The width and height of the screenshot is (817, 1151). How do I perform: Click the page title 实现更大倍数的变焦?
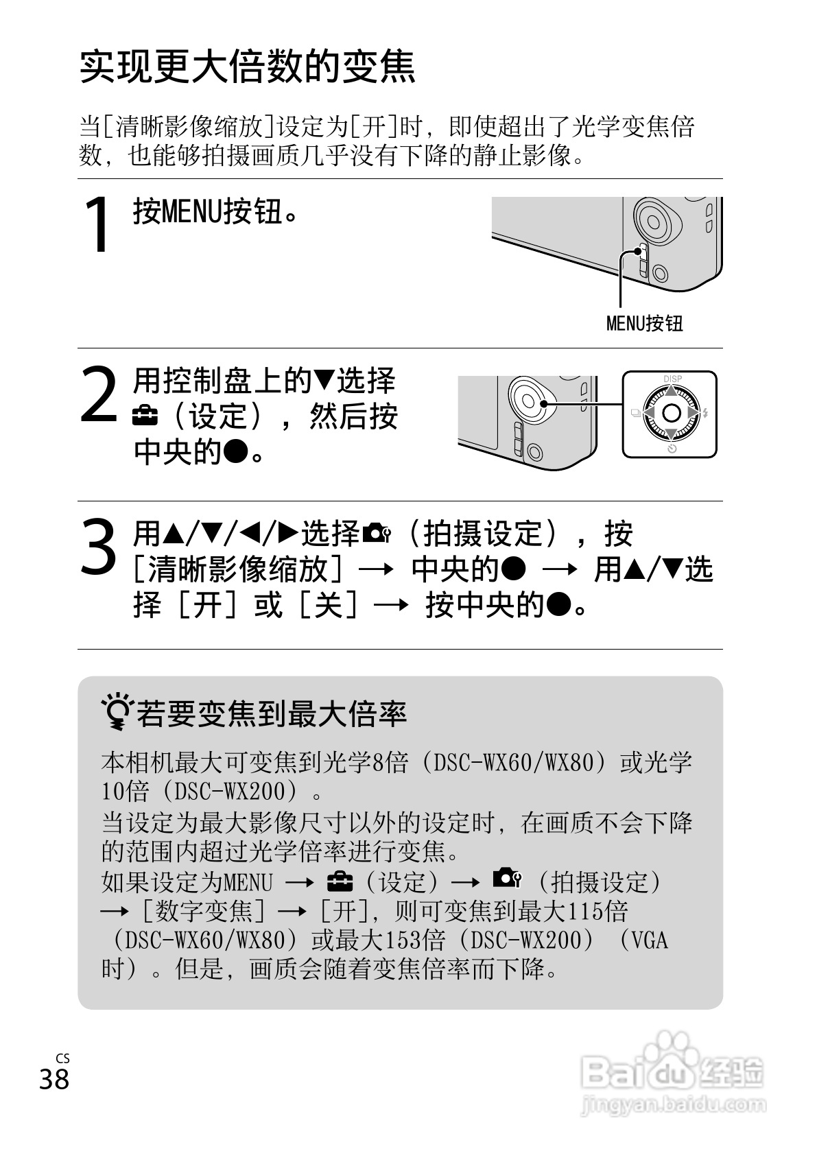coord(247,67)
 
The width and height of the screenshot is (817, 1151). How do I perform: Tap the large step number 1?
coord(97,224)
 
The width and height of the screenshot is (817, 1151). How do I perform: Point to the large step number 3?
coord(98,546)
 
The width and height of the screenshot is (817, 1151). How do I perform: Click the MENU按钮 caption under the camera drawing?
coord(644,323)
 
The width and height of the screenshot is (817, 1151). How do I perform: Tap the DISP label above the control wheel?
coord(672,379)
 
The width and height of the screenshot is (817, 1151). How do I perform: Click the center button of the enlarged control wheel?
coord(672,413)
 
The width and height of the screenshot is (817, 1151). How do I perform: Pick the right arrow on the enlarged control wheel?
coord(693,413)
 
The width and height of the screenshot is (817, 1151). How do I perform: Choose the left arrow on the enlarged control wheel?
coord(650,413)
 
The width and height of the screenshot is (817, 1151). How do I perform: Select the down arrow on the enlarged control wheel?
coord(672,434)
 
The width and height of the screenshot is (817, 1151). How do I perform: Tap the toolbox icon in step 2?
coord(145,417)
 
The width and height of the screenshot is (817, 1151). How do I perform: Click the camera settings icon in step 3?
coord(377,534)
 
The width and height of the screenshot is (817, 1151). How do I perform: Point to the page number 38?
coord(54,1079)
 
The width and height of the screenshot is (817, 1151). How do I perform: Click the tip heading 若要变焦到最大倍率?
coord(272,714)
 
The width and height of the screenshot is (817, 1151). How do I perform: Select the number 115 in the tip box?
coord(585,912)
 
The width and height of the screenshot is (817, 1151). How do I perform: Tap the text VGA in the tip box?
coord(650,941)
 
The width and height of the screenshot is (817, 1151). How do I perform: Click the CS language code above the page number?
coord(62,1058)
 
